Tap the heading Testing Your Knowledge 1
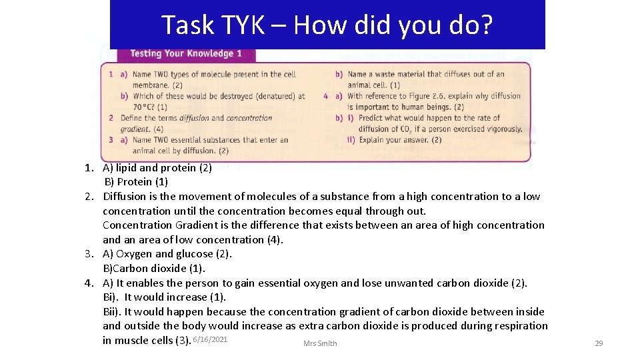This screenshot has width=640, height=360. coord(185,53)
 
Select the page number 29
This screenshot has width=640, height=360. coord(598,343)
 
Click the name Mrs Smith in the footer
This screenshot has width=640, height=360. coord(320,343)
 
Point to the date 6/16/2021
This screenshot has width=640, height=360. coord(210,339)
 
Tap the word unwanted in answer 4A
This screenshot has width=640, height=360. coord(408,283)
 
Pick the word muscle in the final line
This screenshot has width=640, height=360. coord(131,341)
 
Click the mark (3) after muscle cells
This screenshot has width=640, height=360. coord(182,341)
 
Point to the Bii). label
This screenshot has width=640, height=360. coord(112,312)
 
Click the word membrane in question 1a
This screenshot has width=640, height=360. coord(151,85)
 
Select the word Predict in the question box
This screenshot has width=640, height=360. coord(371,118)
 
